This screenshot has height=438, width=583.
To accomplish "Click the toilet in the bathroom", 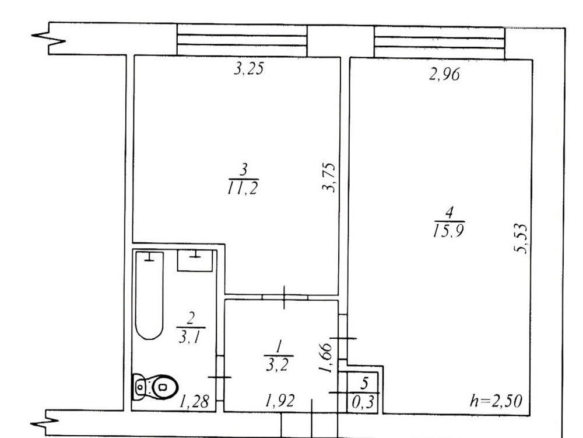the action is pyautogui.click(x=155, y=387).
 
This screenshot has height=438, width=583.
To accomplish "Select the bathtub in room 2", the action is pyautogui.click(x=149, y=296).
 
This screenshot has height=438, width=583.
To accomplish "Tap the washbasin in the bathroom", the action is pyautogui.click(x=195, y=260).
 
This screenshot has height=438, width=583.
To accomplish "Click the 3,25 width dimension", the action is pyautogui.click(x=249, y=69).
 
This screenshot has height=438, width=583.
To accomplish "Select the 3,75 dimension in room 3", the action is pyautogui.click(x=329, y=178).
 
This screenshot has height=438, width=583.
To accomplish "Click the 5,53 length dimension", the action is pyautogui.click(x=521, y=238).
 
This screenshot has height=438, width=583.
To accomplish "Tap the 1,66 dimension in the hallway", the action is pyautogui.click(x=325, y=357).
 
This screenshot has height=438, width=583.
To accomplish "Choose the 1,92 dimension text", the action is pyautogui.click(x=280, y=401).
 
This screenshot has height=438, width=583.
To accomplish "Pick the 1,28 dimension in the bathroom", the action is pyautogui.click(x=195, y=402).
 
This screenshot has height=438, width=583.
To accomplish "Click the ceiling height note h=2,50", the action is pyautogui.click(x=496, y=401).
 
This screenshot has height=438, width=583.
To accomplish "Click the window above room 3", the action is pyautogui.click(x=242, y=40).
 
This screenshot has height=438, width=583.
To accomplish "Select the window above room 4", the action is pyautogui.click(x=440, y=42).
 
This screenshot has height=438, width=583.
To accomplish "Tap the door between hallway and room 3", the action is pyautogui.click(x=285, y=297).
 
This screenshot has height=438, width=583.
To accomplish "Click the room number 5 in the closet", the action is pyautogui.click(x=364, y=383).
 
